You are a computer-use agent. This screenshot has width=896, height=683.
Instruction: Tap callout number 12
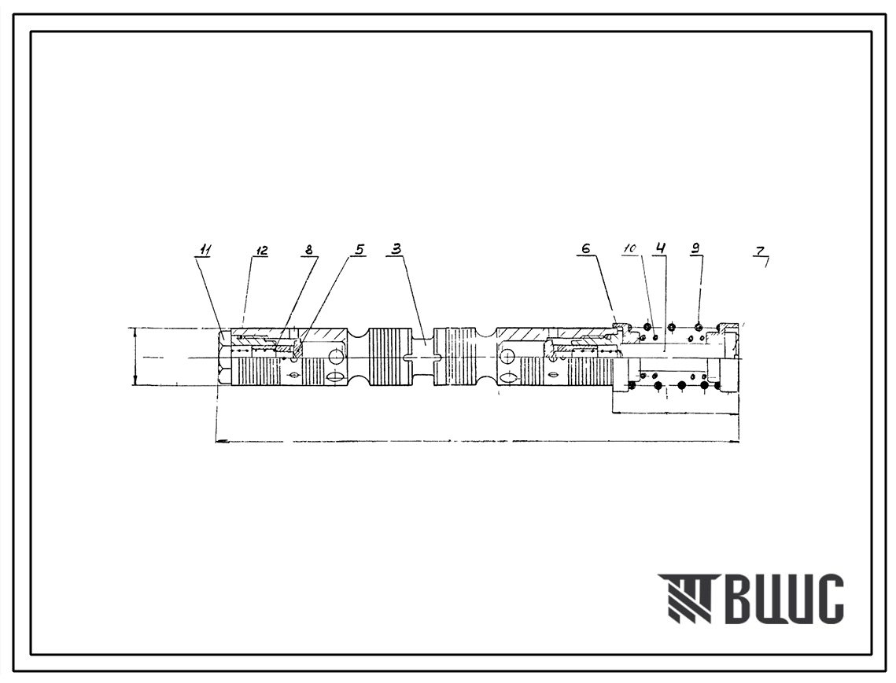point(262,250)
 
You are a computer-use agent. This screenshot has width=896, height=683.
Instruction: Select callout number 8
point(309,249)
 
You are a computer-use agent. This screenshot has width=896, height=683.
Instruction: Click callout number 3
point(396,249)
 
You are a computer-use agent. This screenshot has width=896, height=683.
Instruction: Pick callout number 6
point(586,248)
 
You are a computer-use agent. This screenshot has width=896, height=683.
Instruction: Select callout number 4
point(661,248)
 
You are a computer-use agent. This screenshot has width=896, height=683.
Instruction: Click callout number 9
point(695,248)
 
